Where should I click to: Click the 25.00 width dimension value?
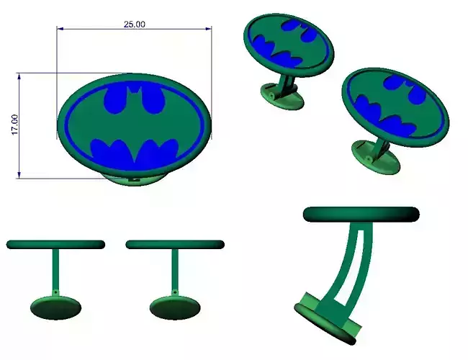pos(135,24)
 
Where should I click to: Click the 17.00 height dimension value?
pos(14,124)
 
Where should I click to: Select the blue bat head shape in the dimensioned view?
pos(135,100)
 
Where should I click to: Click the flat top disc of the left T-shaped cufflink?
pos(55,245)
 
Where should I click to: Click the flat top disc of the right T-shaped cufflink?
pos(175,245)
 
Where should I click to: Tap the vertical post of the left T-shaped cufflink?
pos(55,270)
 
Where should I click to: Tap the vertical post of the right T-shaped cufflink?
pos(175,270)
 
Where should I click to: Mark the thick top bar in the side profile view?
pos(361,215)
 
